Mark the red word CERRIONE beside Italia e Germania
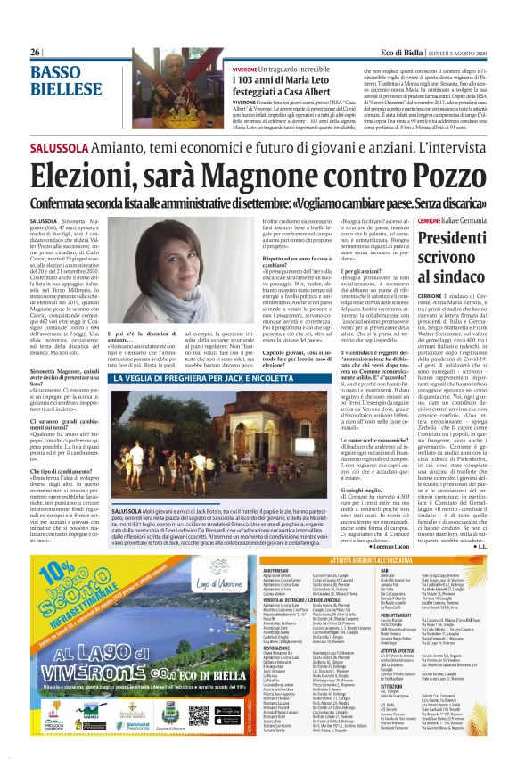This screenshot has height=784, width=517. [x=427, y=195]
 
